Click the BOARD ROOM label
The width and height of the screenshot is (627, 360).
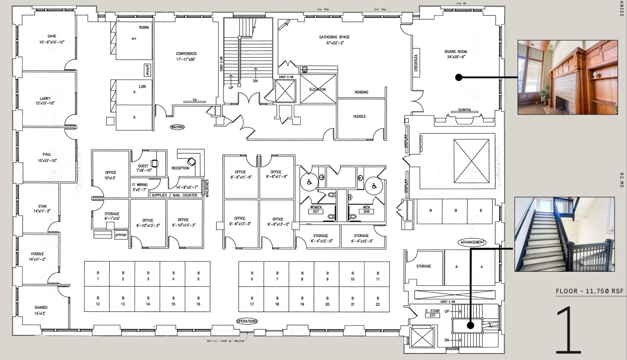455,54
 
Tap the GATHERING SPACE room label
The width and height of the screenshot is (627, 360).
334,40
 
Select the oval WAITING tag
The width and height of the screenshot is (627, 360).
177,127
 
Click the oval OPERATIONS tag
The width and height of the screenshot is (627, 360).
247,321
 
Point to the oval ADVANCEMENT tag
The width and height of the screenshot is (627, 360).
472,242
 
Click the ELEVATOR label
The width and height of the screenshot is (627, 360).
317,90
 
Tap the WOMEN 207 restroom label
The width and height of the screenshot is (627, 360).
316,209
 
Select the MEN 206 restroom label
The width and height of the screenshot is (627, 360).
366,209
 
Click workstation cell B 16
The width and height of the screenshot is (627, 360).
198,300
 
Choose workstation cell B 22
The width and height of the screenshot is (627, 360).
378,300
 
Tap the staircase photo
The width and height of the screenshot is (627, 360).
565,234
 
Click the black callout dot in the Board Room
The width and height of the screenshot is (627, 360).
459,78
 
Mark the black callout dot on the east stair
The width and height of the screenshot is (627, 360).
471,325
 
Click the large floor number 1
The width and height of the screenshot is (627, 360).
569,329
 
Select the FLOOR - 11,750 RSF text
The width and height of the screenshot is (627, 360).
590,291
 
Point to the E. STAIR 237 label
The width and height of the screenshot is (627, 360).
432,313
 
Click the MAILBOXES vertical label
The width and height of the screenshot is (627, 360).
207,188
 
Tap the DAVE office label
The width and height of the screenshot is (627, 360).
52,39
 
